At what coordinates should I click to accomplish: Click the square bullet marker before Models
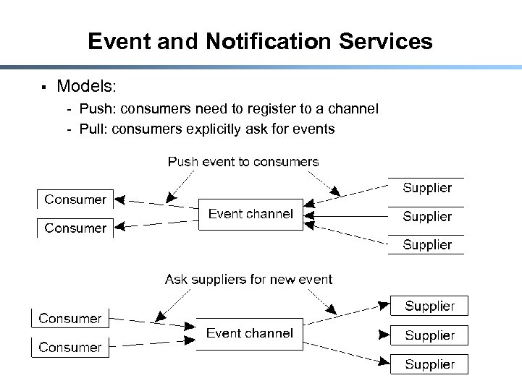(x=43, y=87)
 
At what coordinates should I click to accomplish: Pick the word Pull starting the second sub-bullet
(x=93, y=129)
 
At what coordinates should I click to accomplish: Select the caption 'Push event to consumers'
(x=243, y=162)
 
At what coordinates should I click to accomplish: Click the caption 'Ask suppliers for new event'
(x=248, y=279)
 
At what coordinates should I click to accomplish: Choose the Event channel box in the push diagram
(x=251, y=214)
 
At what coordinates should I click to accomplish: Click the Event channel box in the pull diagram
(x=250, y=333)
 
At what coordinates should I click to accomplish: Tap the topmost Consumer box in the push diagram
(x=75, y=199)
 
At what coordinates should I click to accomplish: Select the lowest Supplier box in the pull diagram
(x=429, y=364)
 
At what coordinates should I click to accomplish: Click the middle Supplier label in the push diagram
(x=426, y=217)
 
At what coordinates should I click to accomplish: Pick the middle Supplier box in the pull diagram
(x=429, y=335)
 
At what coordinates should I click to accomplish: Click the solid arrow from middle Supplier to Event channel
(x=346, y=215)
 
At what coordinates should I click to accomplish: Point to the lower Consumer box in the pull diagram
(x=70, y=348)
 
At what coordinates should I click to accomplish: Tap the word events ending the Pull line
(x=313, y=129)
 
